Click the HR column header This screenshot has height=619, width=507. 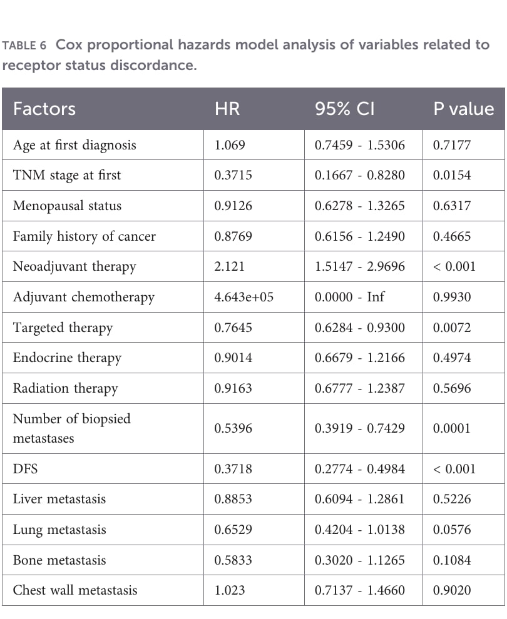[227, 109]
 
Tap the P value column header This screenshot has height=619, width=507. [464, 109]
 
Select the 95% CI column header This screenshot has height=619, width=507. [345, 109]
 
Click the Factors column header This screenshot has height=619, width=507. [44, 109]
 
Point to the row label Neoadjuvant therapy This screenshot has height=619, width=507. [74, 266]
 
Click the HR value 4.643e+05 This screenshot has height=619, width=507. [244, 297]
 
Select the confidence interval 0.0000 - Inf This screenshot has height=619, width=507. [349, 297]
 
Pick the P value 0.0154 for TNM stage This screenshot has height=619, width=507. [452, 175]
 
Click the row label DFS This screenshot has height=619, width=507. [25, 468]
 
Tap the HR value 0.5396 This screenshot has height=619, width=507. [233, 428]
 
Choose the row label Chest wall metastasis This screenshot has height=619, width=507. [75, 590]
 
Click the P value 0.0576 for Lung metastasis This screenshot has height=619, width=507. [452, 530]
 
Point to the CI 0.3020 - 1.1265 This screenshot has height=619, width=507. [360, 560]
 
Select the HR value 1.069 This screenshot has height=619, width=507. [230, 145]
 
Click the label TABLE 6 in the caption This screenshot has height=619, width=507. [24, 46]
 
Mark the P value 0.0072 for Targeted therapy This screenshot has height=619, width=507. [452, 327]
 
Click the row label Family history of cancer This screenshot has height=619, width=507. [84, 236]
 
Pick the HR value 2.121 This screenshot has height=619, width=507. [230, 266]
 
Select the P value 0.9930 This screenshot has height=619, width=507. [452, 297]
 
